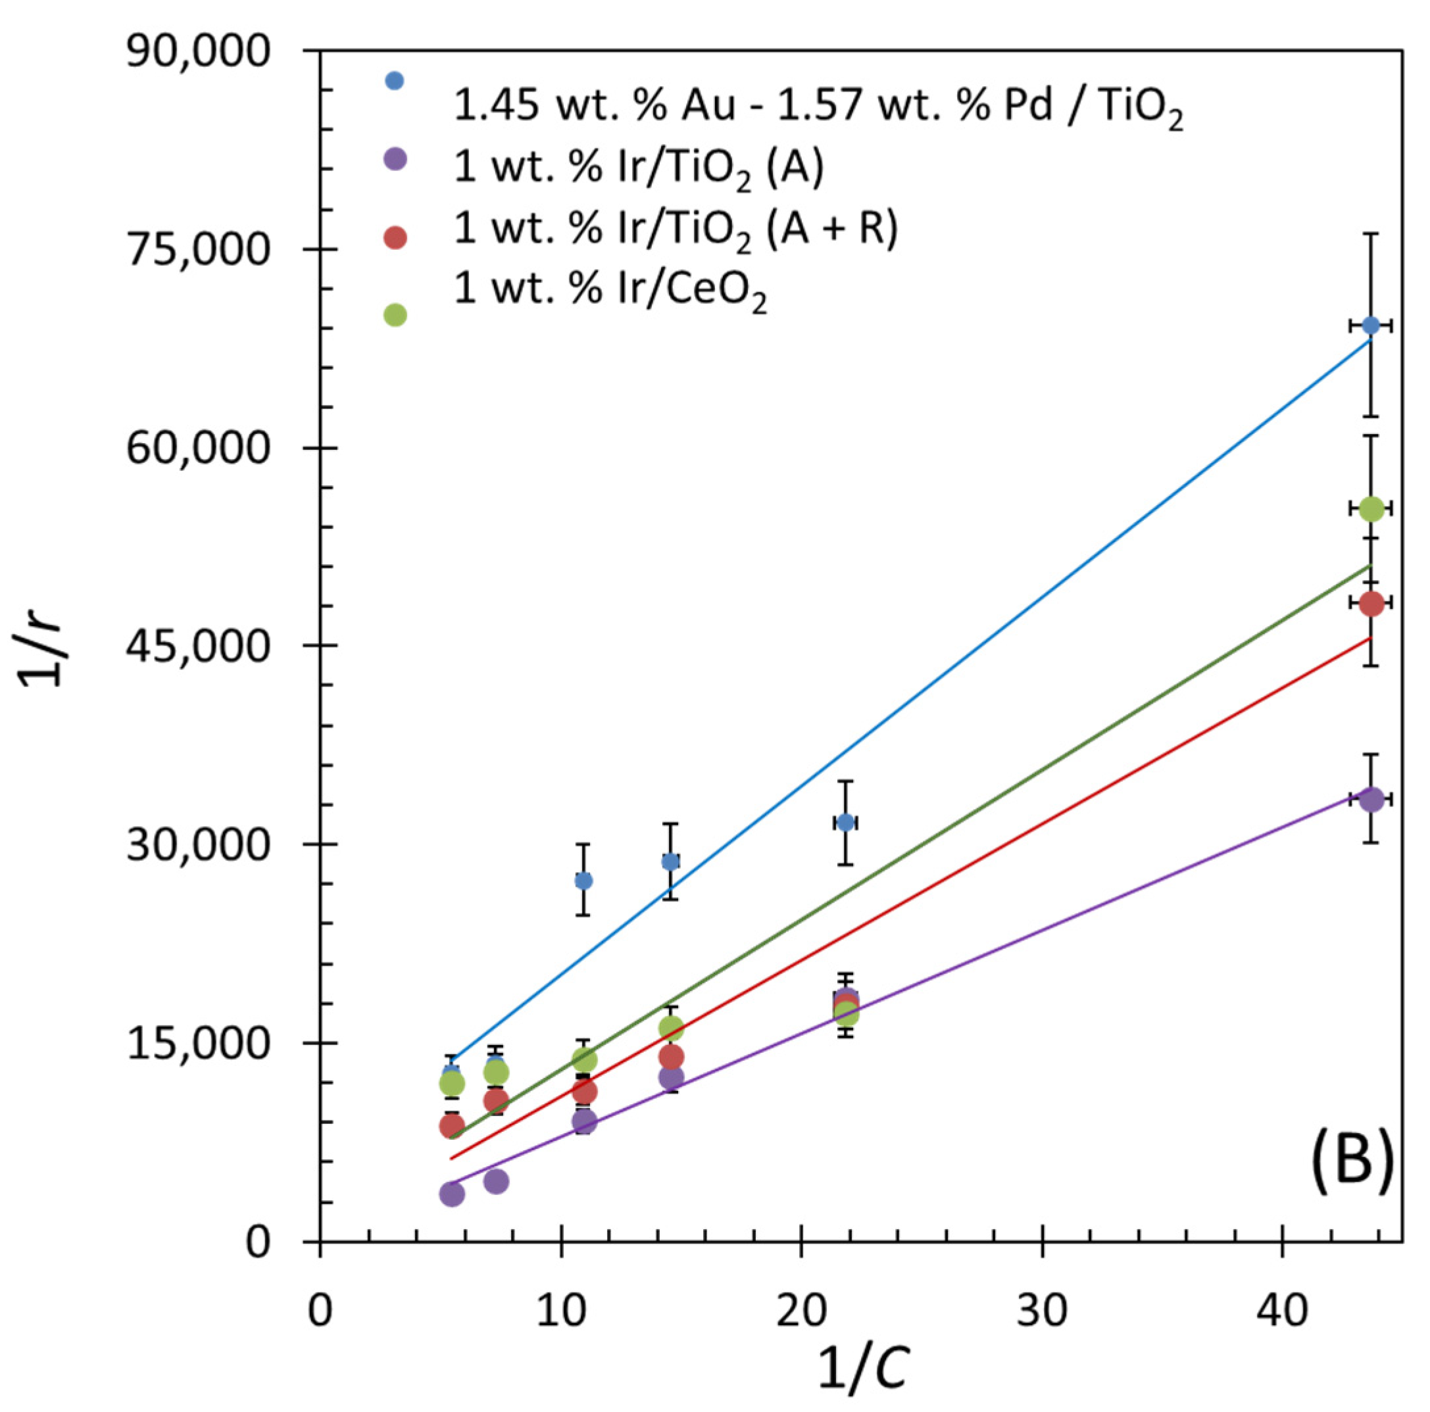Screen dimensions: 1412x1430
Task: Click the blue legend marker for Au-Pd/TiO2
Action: click(395, 81)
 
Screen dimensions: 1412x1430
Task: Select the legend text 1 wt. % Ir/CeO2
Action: click(610, 290)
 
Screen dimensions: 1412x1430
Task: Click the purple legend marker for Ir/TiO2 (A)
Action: click(396, 159)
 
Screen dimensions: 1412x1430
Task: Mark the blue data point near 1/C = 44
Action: click(1371, 326)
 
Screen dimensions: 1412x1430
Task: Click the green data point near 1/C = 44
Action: click(1371, 508)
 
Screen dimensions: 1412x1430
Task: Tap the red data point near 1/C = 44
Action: click(1371, 604)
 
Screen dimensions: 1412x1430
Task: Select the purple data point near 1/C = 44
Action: click(1371, 799)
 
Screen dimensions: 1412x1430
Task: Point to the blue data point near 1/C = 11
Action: click(583, 881)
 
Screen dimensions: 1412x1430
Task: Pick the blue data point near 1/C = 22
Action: click(846, 823)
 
